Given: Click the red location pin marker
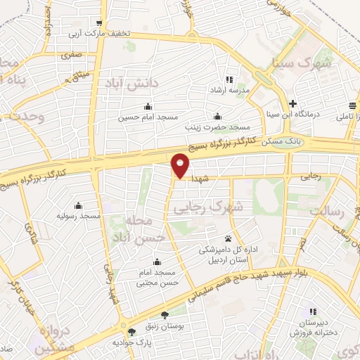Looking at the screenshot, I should coord(181,165).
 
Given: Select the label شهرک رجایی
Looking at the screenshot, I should coord(207,207).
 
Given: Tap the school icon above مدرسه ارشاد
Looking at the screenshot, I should coord(229,79).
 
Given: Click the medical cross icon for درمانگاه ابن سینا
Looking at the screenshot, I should coord(292,103).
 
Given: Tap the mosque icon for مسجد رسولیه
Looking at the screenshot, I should coord(77,207).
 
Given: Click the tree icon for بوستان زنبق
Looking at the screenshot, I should coord(165,316).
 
